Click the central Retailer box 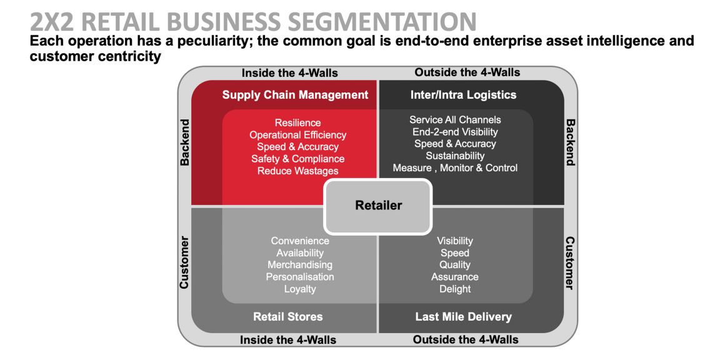coord(377,206)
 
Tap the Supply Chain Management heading coord(295,95)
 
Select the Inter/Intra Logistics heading coord(463,95)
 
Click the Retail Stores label coord(287,316)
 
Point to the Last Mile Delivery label coord(463,316)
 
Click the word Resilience coord(297,122)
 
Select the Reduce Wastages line coord(297,171)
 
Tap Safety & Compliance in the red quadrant coord(297,159)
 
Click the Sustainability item coord(455,156)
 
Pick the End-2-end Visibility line coord(455,132)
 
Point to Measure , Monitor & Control coord(455,167)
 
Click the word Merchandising coord(300,265)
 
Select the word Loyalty coord(300,289)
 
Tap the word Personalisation coord(300,277)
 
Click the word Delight coord(455,289)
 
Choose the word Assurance coord(455,277)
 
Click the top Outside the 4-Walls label coord(467,72)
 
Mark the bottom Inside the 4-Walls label coord(288,340)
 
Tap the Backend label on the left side coord(185,142)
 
